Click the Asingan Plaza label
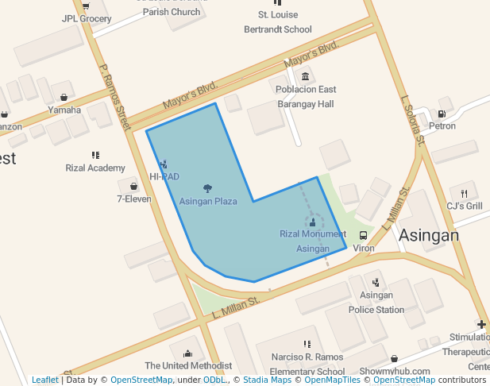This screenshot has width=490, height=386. (208, 201)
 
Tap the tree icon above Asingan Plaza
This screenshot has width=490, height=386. (208, 188)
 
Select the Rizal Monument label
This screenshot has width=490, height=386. (313, 234)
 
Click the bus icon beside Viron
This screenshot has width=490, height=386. (363, 235)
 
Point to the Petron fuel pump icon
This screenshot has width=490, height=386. (442, 114)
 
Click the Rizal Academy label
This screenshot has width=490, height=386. (95, 168)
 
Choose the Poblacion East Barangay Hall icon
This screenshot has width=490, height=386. (305, 76)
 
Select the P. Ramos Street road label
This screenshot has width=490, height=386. (114, 97)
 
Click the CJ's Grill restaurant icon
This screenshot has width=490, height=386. (464, 193)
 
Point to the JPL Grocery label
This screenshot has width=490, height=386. (87, 18)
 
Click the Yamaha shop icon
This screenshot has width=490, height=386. (64, 98)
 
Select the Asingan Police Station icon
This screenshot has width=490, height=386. (376, 282)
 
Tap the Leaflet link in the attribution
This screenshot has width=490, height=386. (44, 380)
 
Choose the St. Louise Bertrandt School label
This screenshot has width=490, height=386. (278, 22)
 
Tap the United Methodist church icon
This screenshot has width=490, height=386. (188, 353)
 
